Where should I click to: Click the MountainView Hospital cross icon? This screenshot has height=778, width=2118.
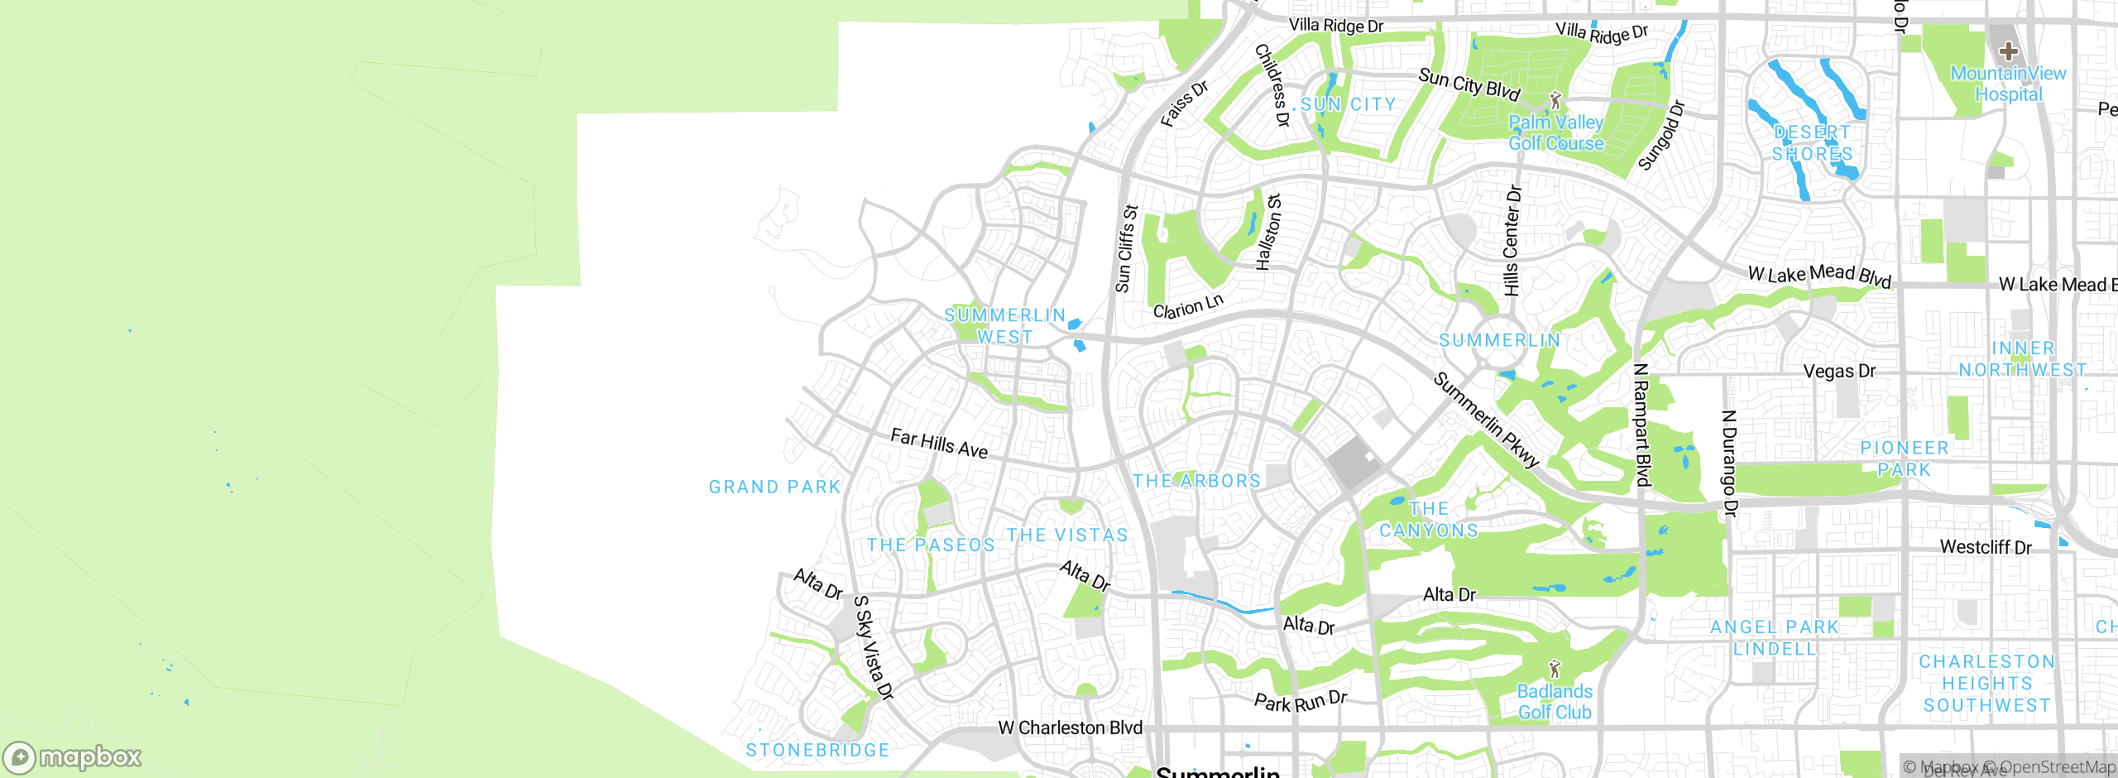pyautogui.click(x=2008, y=51)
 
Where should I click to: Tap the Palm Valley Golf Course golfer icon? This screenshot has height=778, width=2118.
pyautogui.click(x=1555, y=101)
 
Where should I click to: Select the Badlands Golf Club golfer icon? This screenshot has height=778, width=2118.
pyautogui.click(x=1555, y=668)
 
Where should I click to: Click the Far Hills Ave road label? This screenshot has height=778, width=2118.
pyautogui.click(x=939, y=444)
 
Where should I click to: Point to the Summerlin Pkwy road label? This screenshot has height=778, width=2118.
pyautogui.click(x=1486, y=420)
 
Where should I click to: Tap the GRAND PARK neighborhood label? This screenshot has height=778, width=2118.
pyautogui.click(x=774, y=487)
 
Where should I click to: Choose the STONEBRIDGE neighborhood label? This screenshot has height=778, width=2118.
pyautogui.click(x=817, y=750)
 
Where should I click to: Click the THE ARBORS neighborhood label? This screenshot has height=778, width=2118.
pyautogui.click(x=1196, y=481)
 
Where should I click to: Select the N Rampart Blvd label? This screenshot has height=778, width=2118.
pyautogui.click(x=1642, y=425)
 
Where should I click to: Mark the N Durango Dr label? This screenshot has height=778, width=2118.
pyautogui.click(x=1728, y=463)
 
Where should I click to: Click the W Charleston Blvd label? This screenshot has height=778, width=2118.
pyautogui.click(x=1070, y=728)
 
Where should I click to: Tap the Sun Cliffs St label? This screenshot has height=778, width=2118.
pyautogui.click(x=1126, y=249)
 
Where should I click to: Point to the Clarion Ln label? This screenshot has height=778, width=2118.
pyautogui.click(x=1187, y=307)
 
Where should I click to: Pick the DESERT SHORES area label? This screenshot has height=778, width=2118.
pyautogui.click(x=1812, y=143)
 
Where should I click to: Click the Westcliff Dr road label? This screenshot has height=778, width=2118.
pyautogui.click(x=1986, y=547)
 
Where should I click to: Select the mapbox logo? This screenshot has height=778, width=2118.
pyautogui.click(x=73, y=757)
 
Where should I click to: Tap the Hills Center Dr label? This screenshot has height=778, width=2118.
pyautogui.click(x=1512, y=241)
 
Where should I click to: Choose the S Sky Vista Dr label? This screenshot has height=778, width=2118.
pyautogui.click(x=874, y=647)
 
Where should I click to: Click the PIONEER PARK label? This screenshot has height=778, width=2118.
pyautogui.click(x=1905, y=459)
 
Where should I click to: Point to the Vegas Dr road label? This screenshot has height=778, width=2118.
pyautogui.click(x=1839, y=371)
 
